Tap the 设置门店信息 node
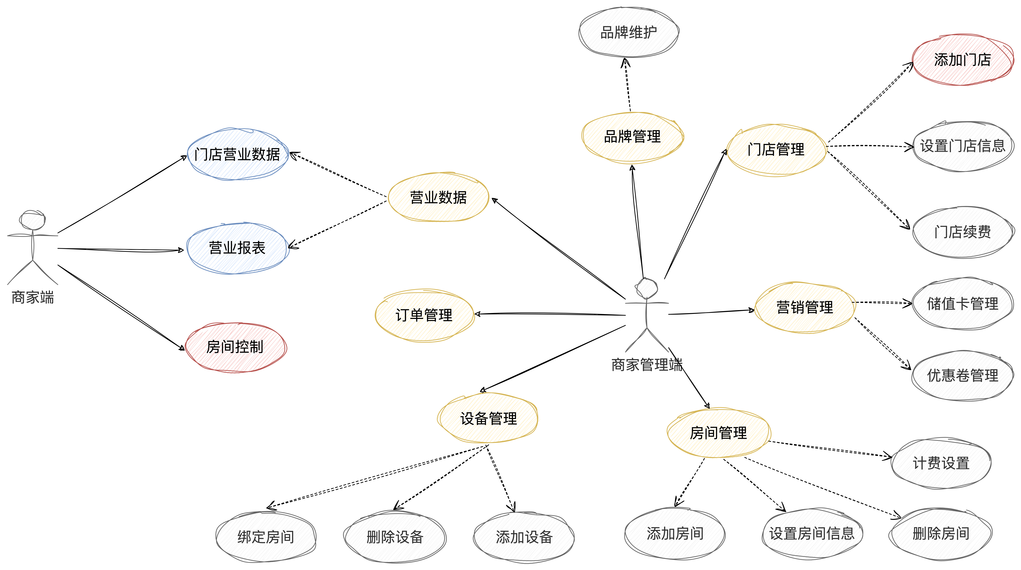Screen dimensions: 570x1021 [962, 146]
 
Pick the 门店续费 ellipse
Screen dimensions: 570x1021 [962, 232]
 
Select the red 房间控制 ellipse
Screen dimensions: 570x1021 [235, 347]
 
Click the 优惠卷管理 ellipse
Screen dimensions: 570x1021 [962, 375]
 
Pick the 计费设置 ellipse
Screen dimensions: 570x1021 [941, 463]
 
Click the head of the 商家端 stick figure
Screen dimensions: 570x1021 [33, 220]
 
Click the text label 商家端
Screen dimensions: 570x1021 [33, 297]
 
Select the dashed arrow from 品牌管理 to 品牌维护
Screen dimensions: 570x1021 [627, 85]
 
